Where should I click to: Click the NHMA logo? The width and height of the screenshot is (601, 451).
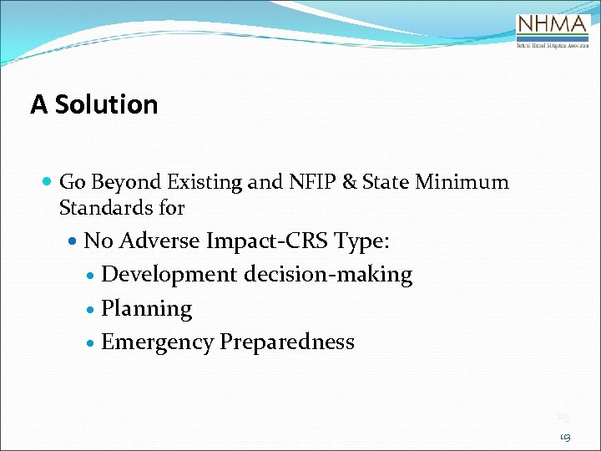click(553, 31)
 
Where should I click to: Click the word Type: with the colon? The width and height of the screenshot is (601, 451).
click(361, 242)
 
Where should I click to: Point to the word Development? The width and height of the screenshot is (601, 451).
click(169, 275)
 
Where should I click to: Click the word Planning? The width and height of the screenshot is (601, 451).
click(146, 309)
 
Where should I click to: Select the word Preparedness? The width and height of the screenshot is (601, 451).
click(286, 342)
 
